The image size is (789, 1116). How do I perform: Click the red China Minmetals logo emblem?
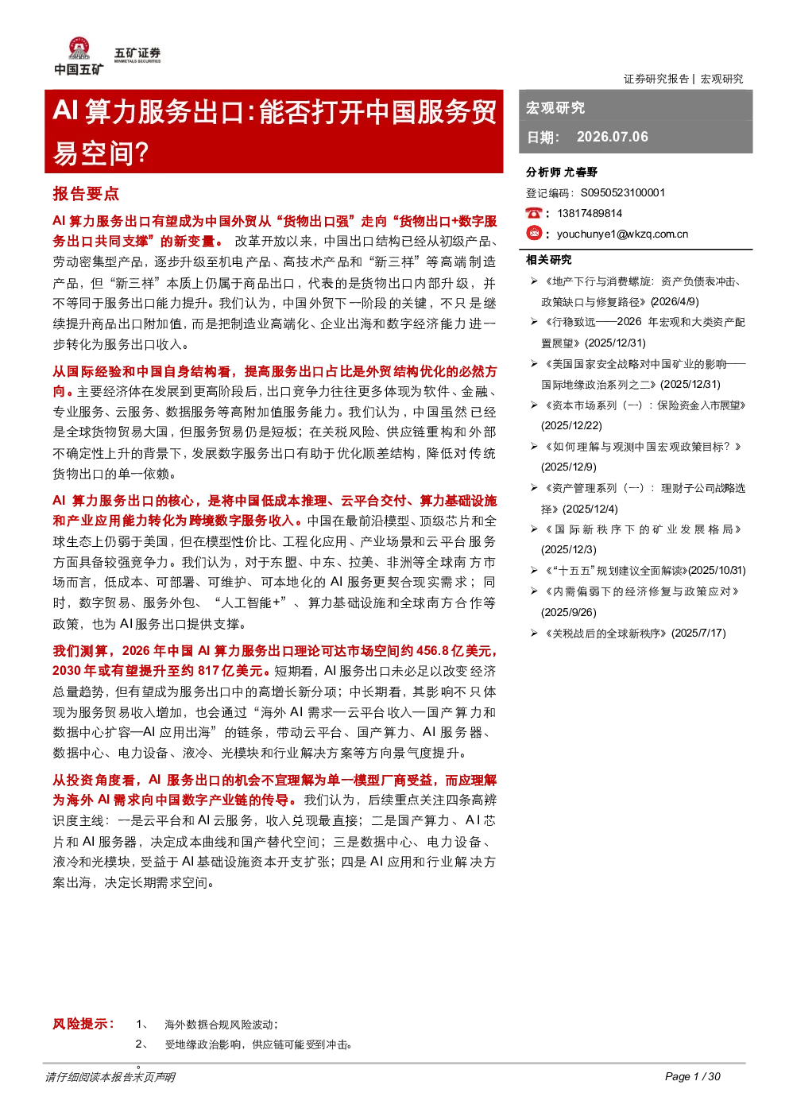click(79, 48)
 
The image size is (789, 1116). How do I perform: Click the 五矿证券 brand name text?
click(137, 52)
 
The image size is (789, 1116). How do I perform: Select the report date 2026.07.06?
click(612, 137)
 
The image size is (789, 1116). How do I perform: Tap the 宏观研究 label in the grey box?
click(555, 107)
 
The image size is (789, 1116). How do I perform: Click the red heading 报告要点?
click(86, 193)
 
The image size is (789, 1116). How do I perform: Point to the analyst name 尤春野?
click(580, 172)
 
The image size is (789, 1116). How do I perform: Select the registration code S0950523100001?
click(623, 193)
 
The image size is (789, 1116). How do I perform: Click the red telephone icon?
click(533, 213)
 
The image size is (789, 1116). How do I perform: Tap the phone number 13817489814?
click(590, 213)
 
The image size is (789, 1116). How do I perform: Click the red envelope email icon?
click(534, 233)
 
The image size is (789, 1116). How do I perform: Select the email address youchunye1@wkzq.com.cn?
click(623, 234)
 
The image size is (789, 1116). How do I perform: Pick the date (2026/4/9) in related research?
click(675, 302)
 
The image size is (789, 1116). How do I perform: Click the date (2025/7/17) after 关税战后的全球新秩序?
click(698, 634)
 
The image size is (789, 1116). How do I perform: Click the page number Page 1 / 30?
click(693, 1076)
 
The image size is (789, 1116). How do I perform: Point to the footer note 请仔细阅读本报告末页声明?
click(110, 1077)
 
